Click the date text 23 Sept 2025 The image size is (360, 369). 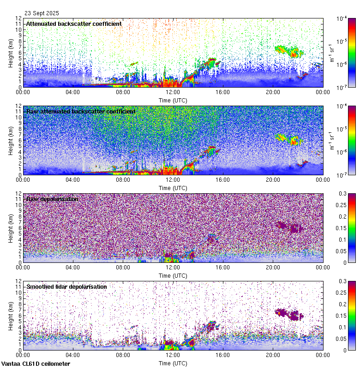coord(42,13)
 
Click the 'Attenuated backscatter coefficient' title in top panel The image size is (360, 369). coord(74,24)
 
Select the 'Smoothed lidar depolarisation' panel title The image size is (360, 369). coord(66,286)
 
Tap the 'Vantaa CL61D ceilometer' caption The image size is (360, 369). coord(36,364)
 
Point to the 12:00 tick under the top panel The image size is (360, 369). coord(173,92)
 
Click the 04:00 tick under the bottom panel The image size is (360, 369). coord(73,355)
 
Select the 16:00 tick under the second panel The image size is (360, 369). coord(223,179)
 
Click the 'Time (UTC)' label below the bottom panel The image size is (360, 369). coord(173,363)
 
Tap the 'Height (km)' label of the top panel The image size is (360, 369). coord(11,52)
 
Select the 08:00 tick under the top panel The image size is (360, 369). coord(123,92)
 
